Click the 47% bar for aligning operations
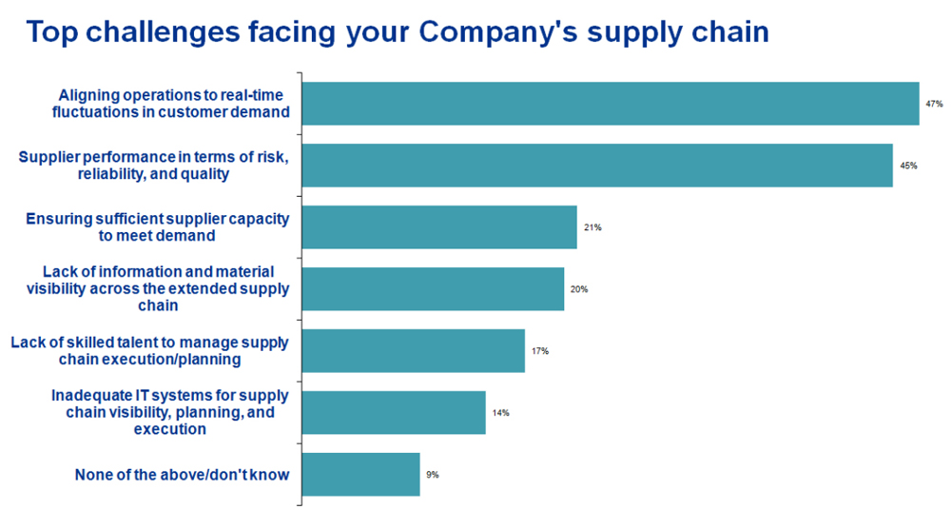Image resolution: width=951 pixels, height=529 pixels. pyautogui.click(x=610, y=104)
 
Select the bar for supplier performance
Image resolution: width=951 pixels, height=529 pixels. pyautogui.click(x=596, y=166)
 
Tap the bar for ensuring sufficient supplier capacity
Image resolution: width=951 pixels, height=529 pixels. pyautogui.click(x=438, y=227)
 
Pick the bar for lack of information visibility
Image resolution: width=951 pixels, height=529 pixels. pyautogui.click(x=432, y=289)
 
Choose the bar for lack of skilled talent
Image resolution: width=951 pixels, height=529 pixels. pyautogui.click(x=413, y=351)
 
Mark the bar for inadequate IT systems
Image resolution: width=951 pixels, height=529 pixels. pyautogui.click(x=393, y=413)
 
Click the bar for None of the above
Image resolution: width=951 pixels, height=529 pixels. pyautogui.click(x=360, y=474)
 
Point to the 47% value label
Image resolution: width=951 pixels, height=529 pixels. pyautogui.click(x=933, y=104)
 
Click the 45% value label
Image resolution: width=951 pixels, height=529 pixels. pyautogui.click(x=907, y=166)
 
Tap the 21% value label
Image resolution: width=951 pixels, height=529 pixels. pyautogui.click(x=592, y=228)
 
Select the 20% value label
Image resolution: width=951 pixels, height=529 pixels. pyautogui.click(x=579, y=289)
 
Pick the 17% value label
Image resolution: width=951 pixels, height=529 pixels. pyautogui.click(x=540, y=351)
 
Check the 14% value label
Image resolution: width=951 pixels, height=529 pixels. pyautogui.click(x=501, y=413)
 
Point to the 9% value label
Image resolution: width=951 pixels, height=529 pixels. pyautogui.click(x=433, y=474)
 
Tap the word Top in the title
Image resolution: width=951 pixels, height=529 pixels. pyautogui.click(x=53, y=31)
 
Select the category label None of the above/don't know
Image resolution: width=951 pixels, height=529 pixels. pyautogui.click(x=181, y=475)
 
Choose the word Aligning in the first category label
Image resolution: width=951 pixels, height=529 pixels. pyautogui.click(x=87, y=95)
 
